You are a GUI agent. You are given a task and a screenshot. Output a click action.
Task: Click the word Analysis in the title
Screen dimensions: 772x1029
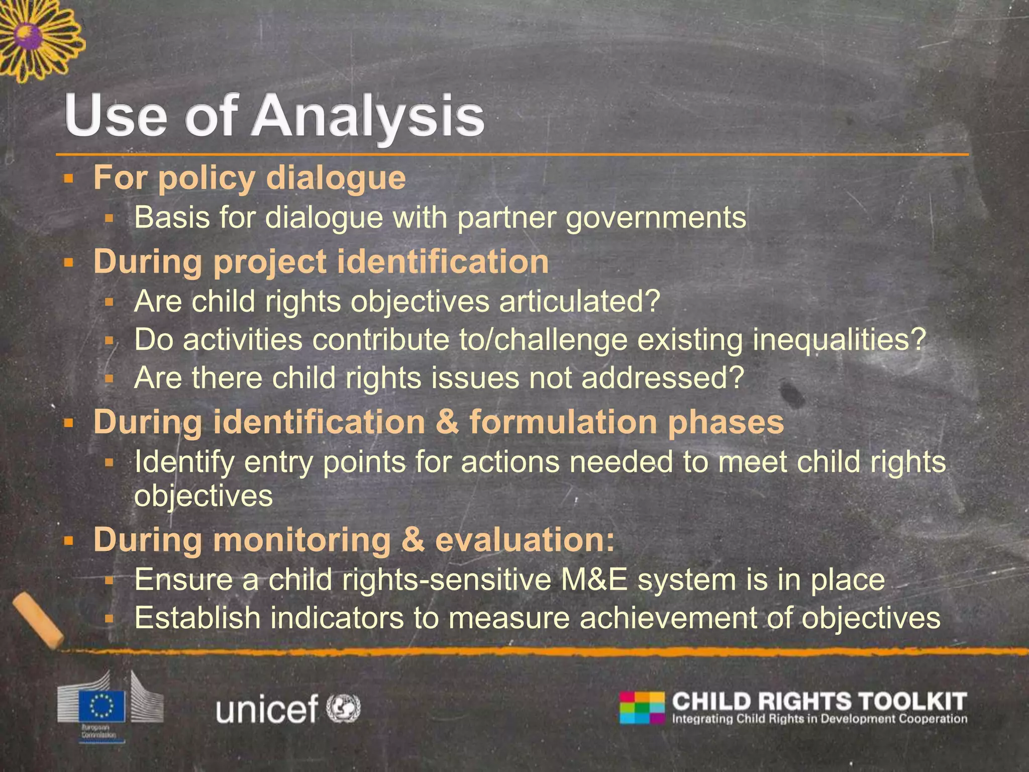369,117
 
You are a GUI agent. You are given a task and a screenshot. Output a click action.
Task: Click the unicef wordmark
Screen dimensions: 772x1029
267,709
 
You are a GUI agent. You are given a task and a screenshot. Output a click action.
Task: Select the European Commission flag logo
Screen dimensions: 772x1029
106,704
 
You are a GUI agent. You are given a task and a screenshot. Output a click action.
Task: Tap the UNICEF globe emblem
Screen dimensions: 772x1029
344,708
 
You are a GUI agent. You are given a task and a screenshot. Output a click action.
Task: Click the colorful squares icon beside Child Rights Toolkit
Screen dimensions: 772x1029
642,708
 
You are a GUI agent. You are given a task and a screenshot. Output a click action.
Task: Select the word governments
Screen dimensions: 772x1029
656,217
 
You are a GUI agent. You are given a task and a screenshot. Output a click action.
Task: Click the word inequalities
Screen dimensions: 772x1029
839,339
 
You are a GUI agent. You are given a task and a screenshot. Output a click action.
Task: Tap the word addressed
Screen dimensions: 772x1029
662,377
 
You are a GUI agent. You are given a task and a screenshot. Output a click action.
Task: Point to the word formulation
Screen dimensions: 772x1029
563,421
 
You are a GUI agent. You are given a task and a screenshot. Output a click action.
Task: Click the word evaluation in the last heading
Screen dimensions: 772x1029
525,539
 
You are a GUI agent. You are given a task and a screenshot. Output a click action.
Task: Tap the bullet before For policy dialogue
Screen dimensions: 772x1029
69,178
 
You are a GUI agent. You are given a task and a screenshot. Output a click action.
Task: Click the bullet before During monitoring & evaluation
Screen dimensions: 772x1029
69,541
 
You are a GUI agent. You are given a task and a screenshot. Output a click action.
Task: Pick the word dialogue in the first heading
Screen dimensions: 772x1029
336,178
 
